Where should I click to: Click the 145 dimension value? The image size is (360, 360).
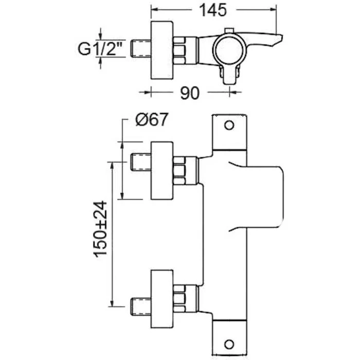point(212,10)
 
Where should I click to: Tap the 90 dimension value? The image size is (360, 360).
point(190,93)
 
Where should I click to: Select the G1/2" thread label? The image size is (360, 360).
point(101,49)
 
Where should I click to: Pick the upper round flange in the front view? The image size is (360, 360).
point(164,169)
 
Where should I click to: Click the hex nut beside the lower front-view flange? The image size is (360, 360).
point(181,297)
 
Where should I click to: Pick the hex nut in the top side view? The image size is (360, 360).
point(181,49)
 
